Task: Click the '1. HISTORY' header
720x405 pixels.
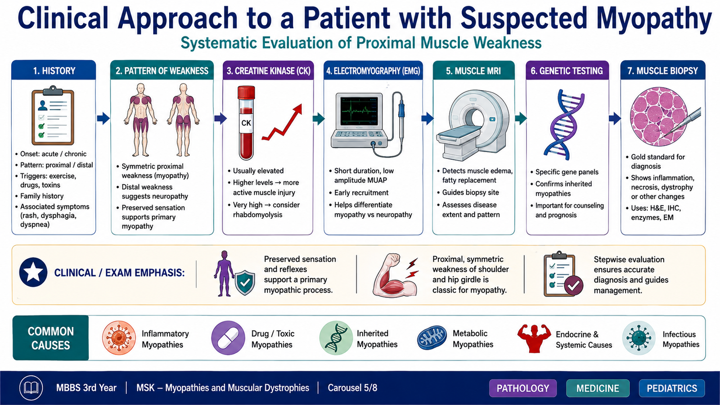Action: (54, 70)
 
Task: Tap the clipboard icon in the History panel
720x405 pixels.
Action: (53, 116)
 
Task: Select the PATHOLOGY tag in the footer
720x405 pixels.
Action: (523, 388)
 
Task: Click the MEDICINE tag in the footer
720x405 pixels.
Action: (598, 388)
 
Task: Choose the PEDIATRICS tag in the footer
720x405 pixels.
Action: (672, 388)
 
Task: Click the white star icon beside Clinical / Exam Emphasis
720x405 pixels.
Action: (33, 272)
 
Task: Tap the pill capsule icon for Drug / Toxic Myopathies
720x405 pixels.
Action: (228, 338)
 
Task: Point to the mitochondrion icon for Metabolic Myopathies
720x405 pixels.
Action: (432, 338)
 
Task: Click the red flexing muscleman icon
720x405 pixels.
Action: (534, 338)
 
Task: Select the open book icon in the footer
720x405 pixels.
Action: (31, 387)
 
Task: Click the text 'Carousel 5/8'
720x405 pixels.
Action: (352, 387)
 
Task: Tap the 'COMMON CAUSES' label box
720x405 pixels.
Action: (51, 338)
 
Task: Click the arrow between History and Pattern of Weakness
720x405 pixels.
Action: (103, 118)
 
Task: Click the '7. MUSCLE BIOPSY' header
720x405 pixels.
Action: (663, 70)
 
